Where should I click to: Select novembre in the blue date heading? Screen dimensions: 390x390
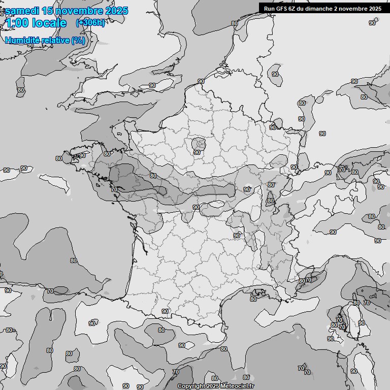pos(79,11)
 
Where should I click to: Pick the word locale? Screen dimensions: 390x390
pos(49,23)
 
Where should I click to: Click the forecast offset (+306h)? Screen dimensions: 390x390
pos(90,23)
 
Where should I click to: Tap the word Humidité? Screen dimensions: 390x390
pos(22,40)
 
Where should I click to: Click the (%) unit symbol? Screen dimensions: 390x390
pos(78,40)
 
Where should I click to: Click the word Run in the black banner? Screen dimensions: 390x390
pos(269,9)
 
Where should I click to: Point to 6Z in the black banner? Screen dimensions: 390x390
pos(293,9)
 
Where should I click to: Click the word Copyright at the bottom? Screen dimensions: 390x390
pos(191,386)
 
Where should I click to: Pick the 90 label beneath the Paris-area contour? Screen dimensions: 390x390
pos(197,152)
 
